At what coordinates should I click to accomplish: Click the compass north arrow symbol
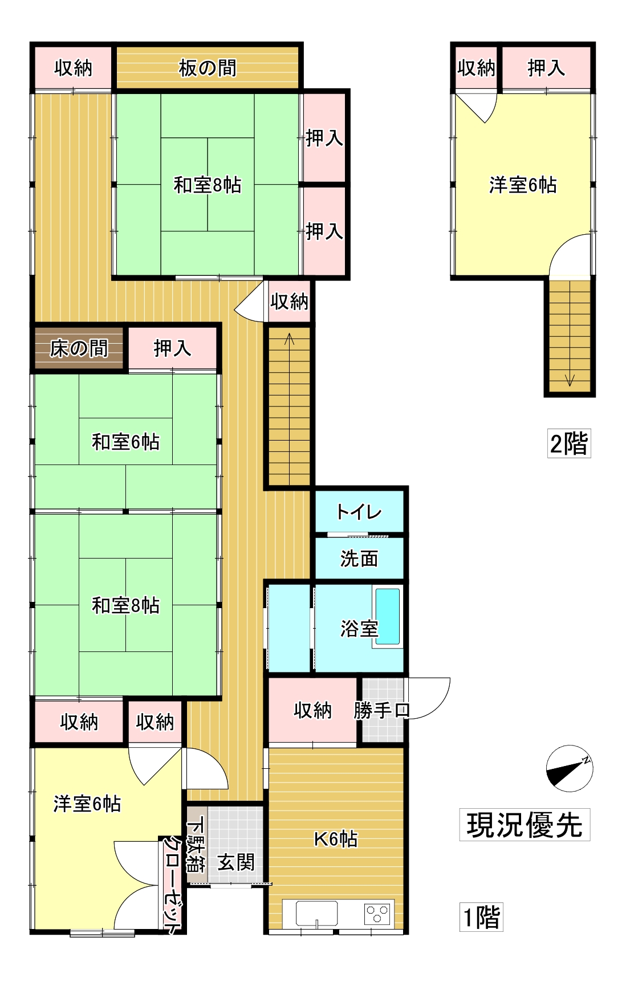[569, 768]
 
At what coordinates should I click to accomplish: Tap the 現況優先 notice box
[525, 825]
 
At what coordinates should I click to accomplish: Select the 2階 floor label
[569, 443]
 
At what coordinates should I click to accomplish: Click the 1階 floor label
[481, 917]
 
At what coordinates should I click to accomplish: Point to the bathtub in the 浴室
[388, 617]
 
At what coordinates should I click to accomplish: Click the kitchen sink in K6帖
[316, 914]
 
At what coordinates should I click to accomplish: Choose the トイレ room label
[359, 512]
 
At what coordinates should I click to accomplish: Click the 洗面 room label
[359, 559]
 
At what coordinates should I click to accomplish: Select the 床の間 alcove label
[79, 348]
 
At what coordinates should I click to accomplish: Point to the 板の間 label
[208, 68]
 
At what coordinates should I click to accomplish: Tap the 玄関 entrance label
[236, 862]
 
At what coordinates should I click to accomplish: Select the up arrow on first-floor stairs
[290, 340]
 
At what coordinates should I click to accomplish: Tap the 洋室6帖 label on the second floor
[523, 185]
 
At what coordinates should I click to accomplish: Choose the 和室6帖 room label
[125, 442]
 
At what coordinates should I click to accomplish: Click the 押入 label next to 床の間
[172, 348]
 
